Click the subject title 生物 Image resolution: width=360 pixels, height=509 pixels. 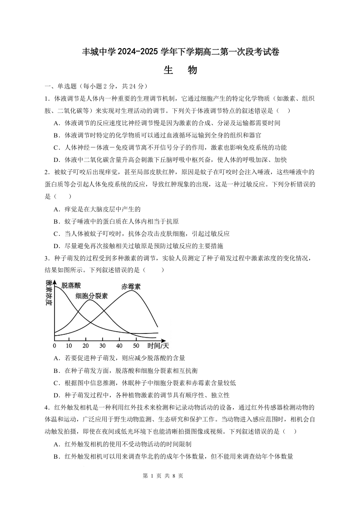(180, 70)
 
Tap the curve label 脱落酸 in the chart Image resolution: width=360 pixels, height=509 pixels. (71, 285)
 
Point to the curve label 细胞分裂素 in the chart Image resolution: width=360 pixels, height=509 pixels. (92, 296)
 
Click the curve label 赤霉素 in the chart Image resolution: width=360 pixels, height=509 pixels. (131, 286)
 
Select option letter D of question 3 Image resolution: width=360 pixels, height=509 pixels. (56, 395)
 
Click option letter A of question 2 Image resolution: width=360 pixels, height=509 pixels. (56, 209)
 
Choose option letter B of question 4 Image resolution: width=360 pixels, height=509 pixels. (56, 456)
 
